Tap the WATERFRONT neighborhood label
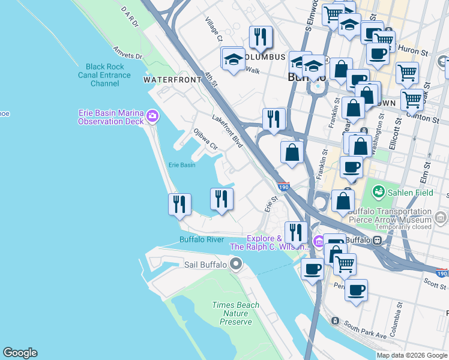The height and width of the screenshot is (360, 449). click(163, 79)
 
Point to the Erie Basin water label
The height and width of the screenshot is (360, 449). click(181, 165)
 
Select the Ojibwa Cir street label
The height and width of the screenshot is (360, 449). click(205, 138)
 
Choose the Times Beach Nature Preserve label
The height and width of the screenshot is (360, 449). click(236, 313)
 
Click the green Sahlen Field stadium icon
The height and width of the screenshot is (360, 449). click(378, 192)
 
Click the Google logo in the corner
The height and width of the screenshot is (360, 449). click(20, 353)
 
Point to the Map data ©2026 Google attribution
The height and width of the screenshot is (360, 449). click(412, 355)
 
